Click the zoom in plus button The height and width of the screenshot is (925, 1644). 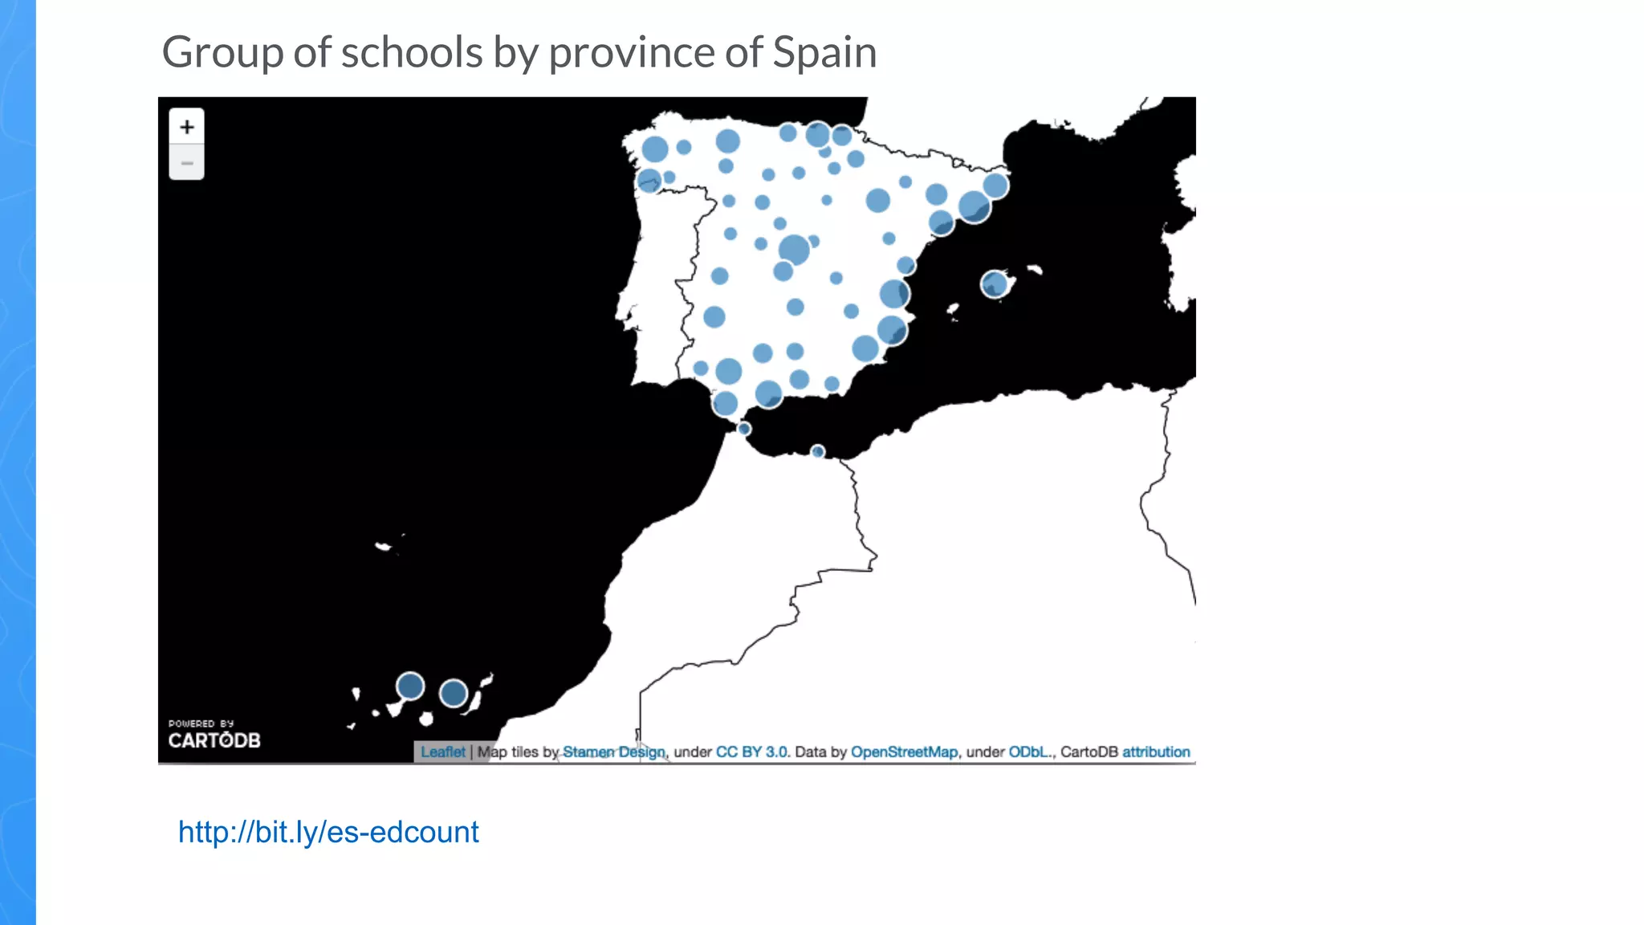coord(186,127)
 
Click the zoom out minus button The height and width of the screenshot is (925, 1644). coord(186,163)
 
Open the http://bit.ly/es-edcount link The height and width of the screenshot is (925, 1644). coord(328,832)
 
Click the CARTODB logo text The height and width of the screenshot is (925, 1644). coord(214,740)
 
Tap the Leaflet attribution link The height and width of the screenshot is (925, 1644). coord(442,752)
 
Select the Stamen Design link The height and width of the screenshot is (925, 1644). coord(614,752)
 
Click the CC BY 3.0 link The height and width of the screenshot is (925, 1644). coord(751,752)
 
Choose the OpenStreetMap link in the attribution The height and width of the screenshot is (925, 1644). coord(904,752)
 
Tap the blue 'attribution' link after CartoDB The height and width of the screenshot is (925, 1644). coord(1156,752)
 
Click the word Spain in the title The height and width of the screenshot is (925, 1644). coord(824,53)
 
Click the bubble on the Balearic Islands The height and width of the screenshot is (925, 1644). coord(995,283)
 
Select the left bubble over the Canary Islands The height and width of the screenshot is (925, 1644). coord(410,687)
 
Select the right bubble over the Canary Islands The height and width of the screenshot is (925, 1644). coord(454,693)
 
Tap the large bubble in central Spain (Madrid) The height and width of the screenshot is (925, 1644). coord(794,250)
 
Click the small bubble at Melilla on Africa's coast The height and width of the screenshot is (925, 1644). coord(817,451)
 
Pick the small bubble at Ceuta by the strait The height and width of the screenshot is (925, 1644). coord(744,429)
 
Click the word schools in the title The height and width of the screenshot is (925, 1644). coord(412,53)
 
